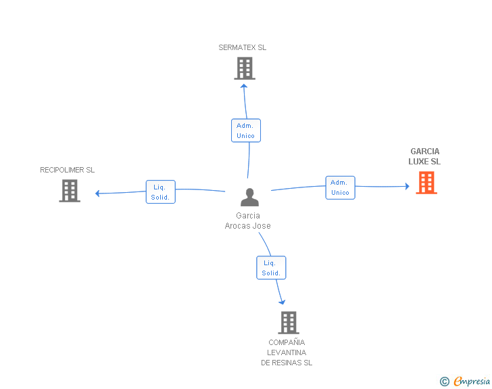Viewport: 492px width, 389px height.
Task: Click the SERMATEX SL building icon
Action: click(245, 68)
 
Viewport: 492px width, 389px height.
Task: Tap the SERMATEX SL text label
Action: click(242, 47)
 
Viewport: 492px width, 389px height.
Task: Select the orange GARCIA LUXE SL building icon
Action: click(426, 183)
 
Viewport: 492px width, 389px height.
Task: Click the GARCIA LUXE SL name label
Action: click(424, 156)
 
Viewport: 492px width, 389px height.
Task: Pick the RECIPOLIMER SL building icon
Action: click(70, 191)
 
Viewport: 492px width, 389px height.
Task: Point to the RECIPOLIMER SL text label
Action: click(67, 170)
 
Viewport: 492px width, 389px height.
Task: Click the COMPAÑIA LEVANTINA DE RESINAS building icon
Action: click(289, 323)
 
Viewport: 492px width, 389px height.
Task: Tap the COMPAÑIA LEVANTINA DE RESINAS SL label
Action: click(287, 352)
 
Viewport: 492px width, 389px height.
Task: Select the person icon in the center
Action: click(250, 197)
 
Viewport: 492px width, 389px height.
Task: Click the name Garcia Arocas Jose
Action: click(247, 221)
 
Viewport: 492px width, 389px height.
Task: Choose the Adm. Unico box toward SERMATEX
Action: click(246, 131)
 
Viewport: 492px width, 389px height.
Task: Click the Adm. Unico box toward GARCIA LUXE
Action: click(341, 187)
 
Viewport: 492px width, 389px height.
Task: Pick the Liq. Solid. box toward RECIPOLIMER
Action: click(161, 191)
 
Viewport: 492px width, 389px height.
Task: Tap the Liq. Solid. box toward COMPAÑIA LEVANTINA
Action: click(271, 268)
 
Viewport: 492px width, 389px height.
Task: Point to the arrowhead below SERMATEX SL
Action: click(244, 86)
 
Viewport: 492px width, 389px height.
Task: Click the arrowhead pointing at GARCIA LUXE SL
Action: click(408, 186)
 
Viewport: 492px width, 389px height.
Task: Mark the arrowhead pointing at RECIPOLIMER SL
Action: click(97, 193)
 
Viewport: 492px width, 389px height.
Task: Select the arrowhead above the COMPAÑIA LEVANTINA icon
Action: click(282, 302)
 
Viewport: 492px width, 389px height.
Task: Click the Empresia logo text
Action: click(472, 381)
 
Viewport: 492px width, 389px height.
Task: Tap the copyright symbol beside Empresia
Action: click(444, 382)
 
